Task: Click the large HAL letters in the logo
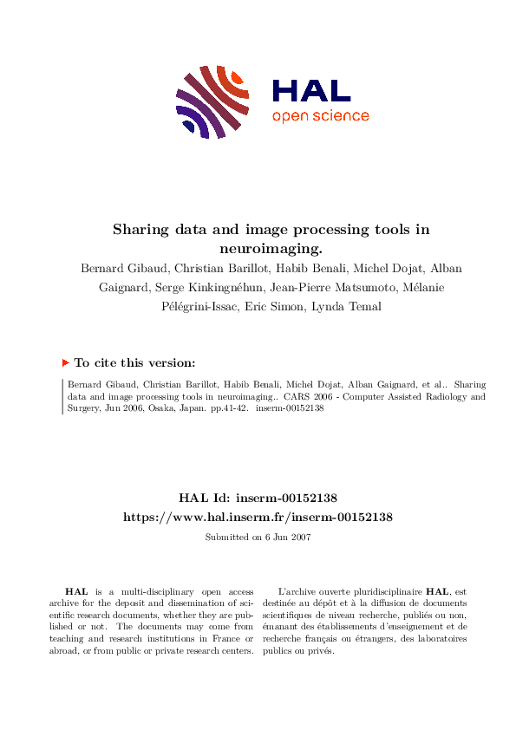[x=310, y=91]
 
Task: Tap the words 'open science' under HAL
[x=320, y=116]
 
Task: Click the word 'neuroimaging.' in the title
[x=258, y=246]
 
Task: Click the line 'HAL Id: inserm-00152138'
[x=258, y=498]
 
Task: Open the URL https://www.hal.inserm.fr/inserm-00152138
[x=258, y=516]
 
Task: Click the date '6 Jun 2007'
[x=283, y=538]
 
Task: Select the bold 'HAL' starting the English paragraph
[x=75, y=590]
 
